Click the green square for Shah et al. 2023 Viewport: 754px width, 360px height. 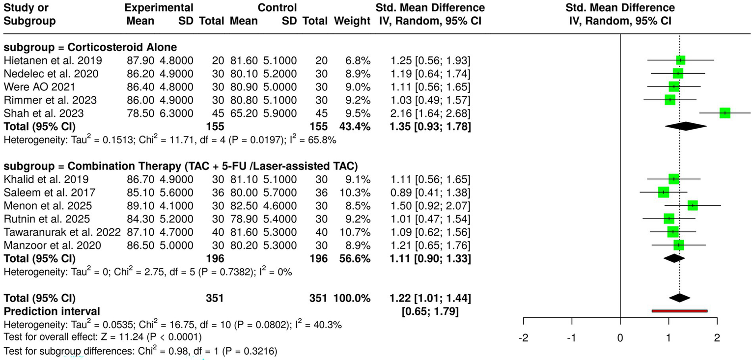[x=725, y=113]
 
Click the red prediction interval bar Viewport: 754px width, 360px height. [x=679, y=311]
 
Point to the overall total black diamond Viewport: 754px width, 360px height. [x=679, y=298]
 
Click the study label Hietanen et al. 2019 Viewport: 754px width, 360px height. [x=53, y=60]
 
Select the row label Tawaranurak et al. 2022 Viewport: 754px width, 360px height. [x=62, y=231]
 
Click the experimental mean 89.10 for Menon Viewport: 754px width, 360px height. [x=140, y=205]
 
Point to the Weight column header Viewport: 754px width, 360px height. [x=352, y=21]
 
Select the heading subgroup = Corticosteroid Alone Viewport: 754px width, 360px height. [x=90, y=48]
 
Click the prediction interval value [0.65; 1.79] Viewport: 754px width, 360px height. [x=430, y=311]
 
